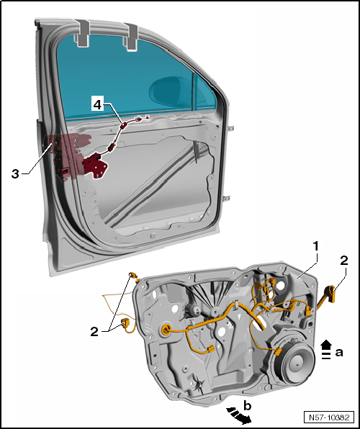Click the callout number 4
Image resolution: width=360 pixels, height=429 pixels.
[97, 105]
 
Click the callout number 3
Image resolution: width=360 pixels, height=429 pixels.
[15, 173]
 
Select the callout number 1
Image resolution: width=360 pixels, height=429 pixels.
[316, 246]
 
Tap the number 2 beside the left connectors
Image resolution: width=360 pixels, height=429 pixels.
[94, 332]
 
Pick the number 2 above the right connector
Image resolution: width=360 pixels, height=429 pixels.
[344, 260]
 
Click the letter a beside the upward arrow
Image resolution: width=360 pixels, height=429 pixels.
[339, 353]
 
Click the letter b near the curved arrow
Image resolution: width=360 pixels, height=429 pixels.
[247, 406]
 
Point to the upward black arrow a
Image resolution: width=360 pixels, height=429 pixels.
[326, 349]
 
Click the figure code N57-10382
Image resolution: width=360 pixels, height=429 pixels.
[329, 417]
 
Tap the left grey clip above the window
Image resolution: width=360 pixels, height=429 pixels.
[82, 32]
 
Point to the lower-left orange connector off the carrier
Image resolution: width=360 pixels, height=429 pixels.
[125, 323]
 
